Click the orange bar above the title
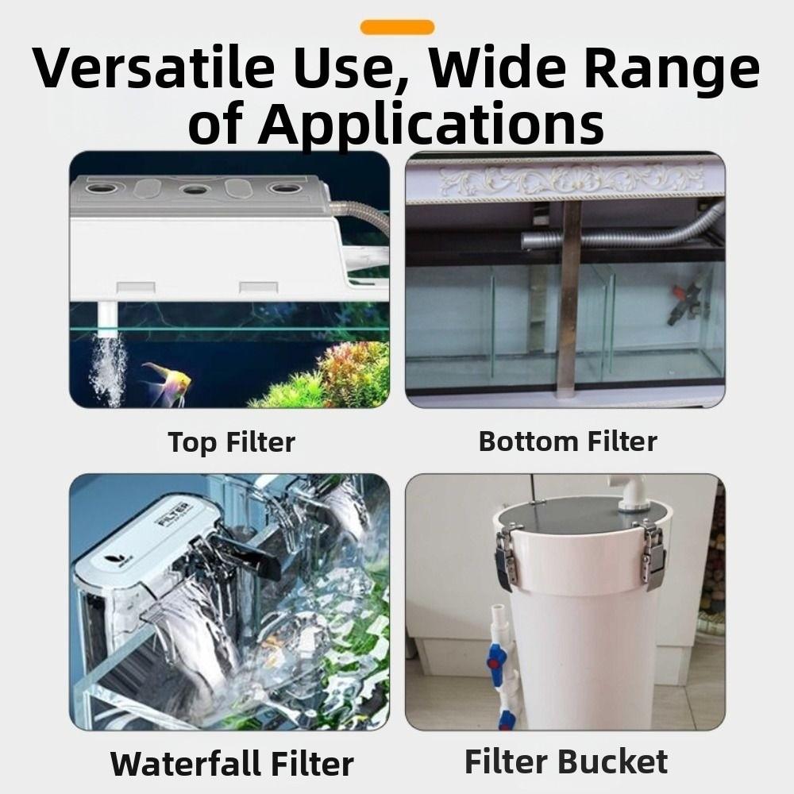coord(397,28)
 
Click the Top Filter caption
coord(231,442)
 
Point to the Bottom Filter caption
coord(568,441)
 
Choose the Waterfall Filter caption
coord(232,764)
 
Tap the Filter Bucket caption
coord(566,761)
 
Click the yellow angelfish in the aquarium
coord(168,383)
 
